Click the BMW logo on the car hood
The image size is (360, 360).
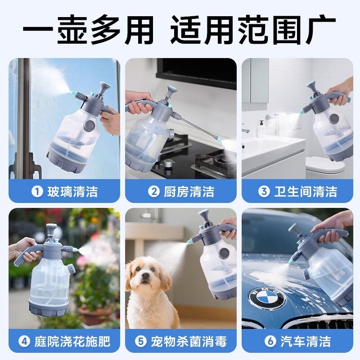[266, 298]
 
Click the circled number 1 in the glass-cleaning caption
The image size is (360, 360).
[37, 192]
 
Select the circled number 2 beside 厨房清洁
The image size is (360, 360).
[153, 192]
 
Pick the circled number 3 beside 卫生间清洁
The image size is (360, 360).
[264, 192]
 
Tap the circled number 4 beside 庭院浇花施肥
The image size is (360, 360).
[24, 342]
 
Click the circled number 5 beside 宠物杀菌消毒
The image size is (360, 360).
[140, 342]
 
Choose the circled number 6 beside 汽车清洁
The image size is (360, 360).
[270, 342]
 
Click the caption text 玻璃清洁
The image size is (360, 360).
[72, 192]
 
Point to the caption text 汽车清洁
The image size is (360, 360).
[306, 342]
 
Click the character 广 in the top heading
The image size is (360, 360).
[320, 29]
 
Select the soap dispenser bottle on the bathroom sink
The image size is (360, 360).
[261, 128]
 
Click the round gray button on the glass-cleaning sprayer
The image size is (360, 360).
[90, 126]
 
